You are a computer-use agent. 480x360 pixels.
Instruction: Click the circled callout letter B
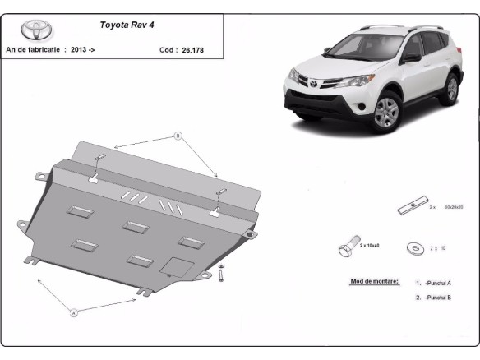click(177, 135)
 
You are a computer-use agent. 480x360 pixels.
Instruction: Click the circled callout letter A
click(73, 312)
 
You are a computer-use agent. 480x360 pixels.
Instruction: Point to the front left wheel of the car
click(385, 112)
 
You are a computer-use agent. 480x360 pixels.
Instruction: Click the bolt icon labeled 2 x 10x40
click(348, 247)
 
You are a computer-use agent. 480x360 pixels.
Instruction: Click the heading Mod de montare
click(374, 281)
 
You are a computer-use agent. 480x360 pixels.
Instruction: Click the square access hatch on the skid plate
click(178, 267)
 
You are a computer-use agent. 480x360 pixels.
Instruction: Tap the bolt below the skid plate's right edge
click(221, 276)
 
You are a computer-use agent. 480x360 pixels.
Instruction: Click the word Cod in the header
click(167, 49)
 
